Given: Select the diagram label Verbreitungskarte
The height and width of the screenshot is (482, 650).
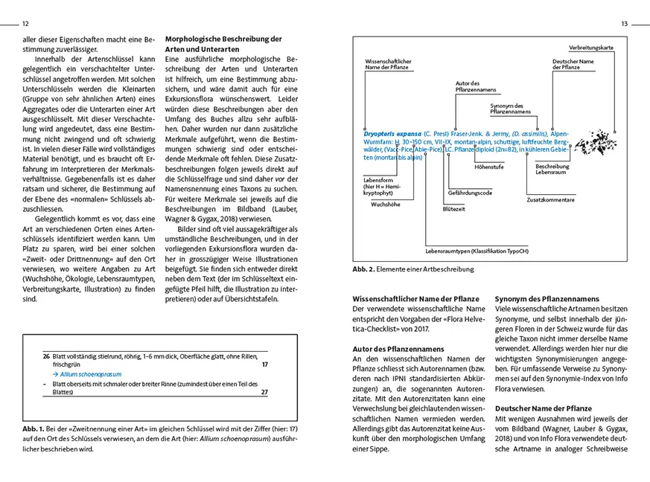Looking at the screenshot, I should click(x=591, y=48).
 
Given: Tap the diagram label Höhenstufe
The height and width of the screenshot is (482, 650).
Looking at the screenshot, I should click(x=488, y=167).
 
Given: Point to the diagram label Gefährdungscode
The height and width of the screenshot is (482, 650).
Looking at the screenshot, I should click(x=469, y=192).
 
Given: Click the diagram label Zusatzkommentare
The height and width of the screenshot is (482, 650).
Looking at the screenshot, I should click(x=550, y=200).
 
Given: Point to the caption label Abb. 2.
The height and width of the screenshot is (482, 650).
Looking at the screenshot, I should click(x=363, y=269).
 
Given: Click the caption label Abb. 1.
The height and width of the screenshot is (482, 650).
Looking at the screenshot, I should click(x=35, y=430).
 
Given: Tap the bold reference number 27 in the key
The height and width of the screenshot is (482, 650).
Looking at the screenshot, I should click(x=264, y=393).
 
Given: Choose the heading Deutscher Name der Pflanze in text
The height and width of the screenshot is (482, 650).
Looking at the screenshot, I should click(x=543, y=408).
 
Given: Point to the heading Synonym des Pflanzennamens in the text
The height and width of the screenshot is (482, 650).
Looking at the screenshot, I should click(x=547, y=298).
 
